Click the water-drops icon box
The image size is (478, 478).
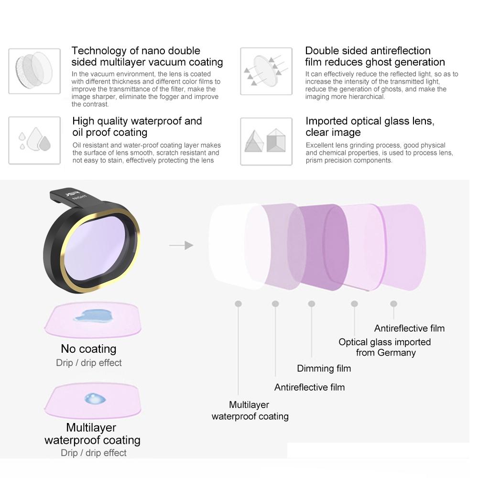[34, 141]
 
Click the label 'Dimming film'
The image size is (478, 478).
[324, 368]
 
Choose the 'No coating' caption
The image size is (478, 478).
[88, 349]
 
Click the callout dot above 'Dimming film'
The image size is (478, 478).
[312, 304]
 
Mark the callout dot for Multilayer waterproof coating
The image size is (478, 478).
[238, 304]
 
